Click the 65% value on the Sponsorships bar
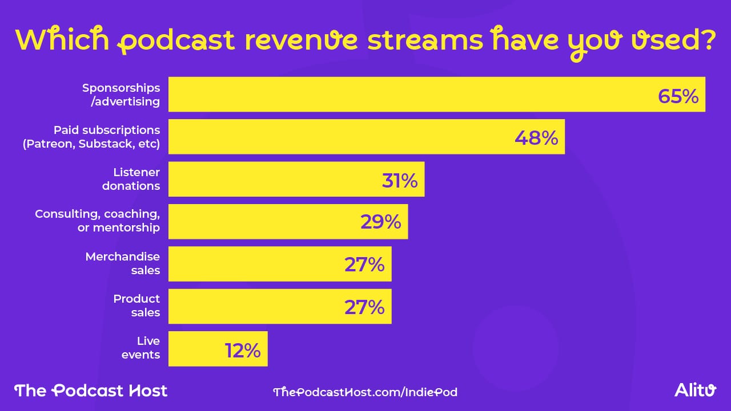tap(678, 96)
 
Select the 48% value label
tap(536, 137)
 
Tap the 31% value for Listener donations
tap(400, 180)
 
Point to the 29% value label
tap(380, 222)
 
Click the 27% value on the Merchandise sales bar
tap(364, 264)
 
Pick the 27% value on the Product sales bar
tap(364, 307)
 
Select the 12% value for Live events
tap(243, 350)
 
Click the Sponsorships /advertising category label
tap(121, 95)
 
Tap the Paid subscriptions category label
tap(91, 137)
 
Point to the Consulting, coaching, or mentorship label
tap(97, 221)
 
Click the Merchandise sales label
tap(123, 263)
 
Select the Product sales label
tap(136, 306)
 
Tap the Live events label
tap(148, 348)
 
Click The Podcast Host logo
tap(91, 390)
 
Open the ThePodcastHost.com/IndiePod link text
tap(365, 392)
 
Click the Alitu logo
tap(694, 390)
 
